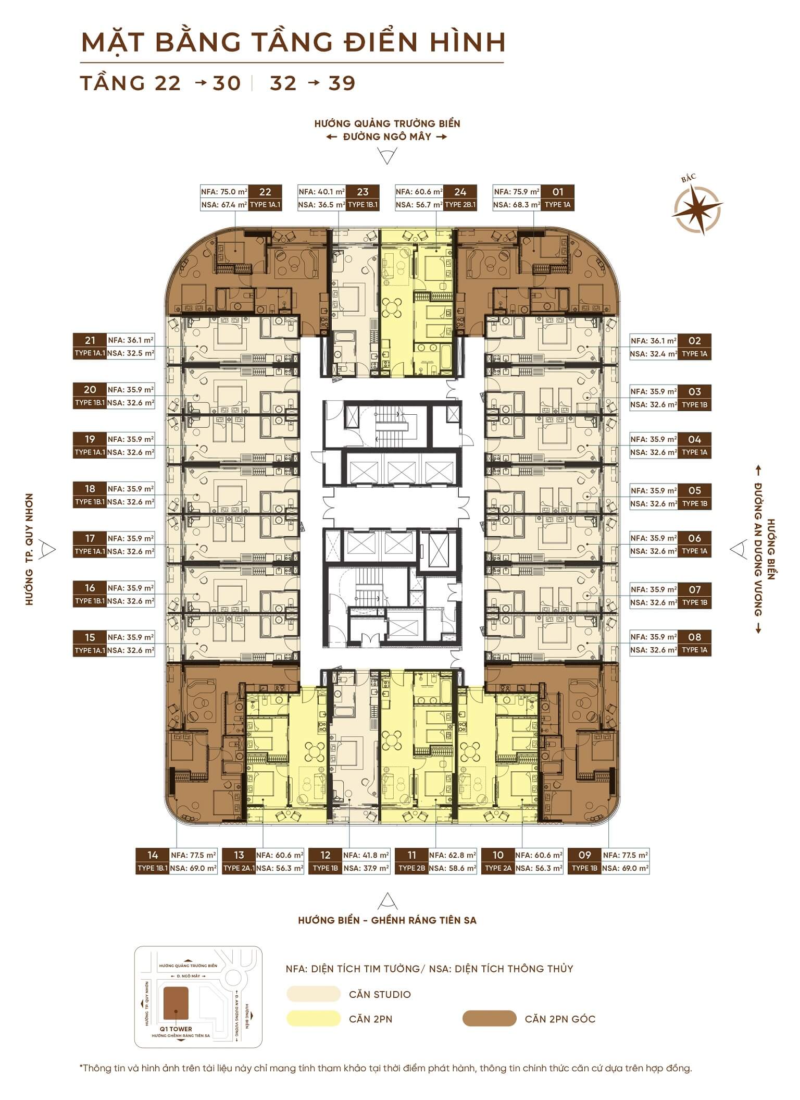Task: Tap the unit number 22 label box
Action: point(265,192)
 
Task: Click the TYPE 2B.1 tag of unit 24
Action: point(460,205)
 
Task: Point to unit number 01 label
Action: point(558,192)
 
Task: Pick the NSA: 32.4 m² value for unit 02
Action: point(654,354)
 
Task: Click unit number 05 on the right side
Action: point(694,490)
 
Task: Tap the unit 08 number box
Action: point(694,637)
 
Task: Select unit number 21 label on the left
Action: point(90,340)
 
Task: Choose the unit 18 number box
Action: point(90,489)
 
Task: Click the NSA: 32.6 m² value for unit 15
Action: point(131,650)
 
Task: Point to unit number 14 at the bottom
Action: point(153,855)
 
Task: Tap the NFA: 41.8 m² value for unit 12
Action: point(366,855)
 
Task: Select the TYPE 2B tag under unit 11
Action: point(412,868)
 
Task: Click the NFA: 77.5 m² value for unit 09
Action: point(625,855)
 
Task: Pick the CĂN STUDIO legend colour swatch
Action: point(313,994)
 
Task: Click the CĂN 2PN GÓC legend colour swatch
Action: point(489,1019)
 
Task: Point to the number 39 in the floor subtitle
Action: point(342,83)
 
